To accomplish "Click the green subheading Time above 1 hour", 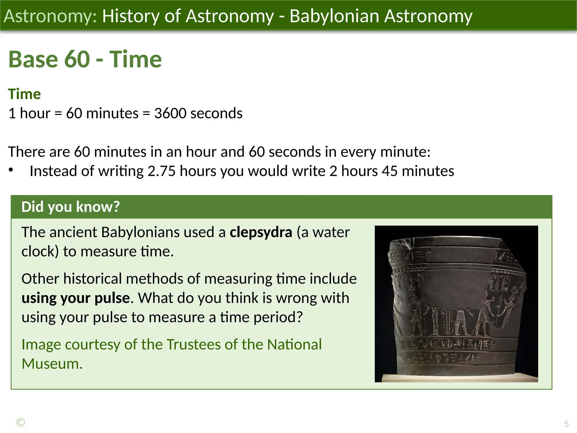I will tap(25, 94).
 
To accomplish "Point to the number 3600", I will tap(170, 113).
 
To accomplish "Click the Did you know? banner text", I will tap(70, 207).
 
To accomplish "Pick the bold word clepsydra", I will tap(261, 232).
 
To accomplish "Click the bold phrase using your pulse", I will tap(76, 298).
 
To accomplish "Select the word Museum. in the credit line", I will tap(52, 364).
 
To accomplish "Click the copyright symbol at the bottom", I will tap(21, 422).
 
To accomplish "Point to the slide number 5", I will tap(566, 424).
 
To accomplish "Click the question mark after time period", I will tap(299, 317).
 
